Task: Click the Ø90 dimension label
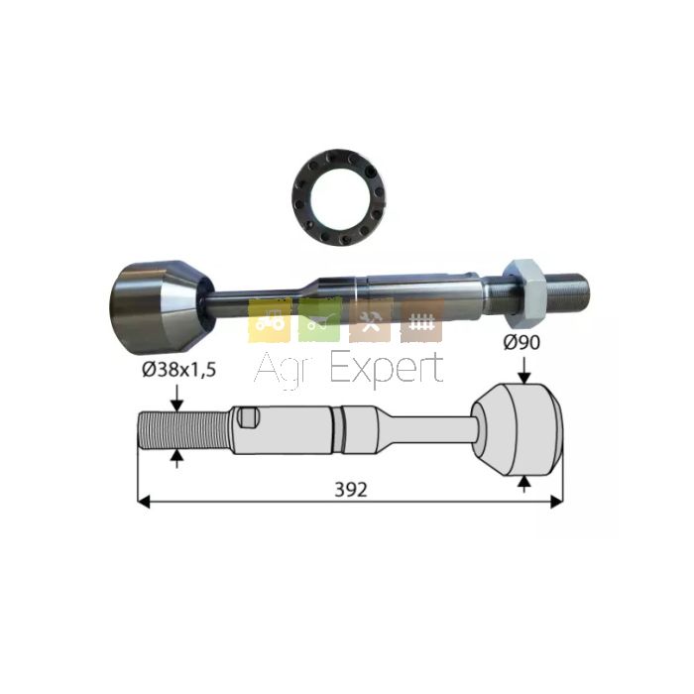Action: (x=521, y=342)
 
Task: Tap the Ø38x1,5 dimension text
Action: (x=179, y=369)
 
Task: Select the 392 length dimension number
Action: (x=351, y=490)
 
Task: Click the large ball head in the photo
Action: (x=161, y=308)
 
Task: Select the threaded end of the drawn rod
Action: (x=183, y=430)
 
